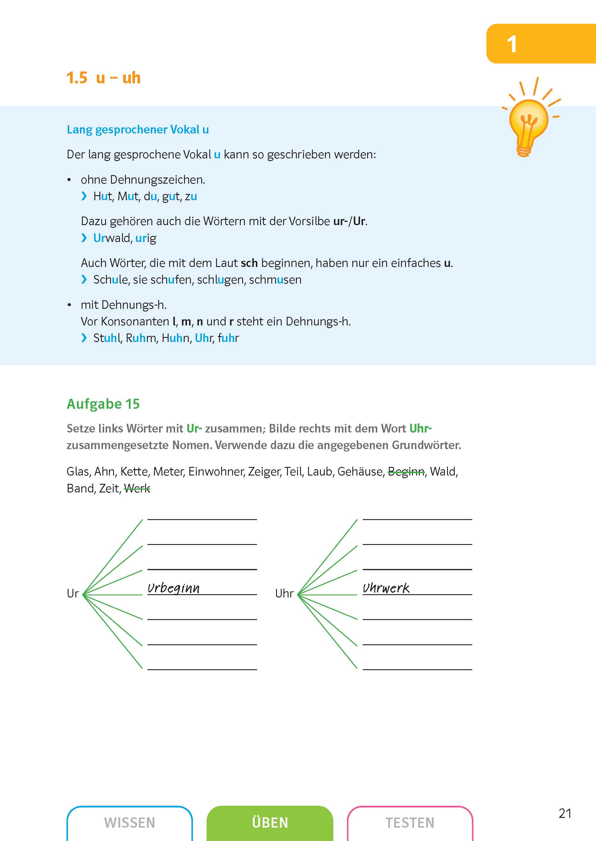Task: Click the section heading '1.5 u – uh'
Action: pos(104,78)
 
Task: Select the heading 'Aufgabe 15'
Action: pos(103,404)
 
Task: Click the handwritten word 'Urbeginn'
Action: pos(174,588)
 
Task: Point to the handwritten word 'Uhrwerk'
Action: pos(386,588)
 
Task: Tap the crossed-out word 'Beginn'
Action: pos(406,471)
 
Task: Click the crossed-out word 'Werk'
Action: pos(137,488)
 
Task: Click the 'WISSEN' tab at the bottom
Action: pos(129,822)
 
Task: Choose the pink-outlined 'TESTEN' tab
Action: pos(410,822)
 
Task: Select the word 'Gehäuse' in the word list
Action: pos(361,471)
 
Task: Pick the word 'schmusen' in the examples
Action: pos(275,280)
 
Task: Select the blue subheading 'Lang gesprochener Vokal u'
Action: pos(138,129)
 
